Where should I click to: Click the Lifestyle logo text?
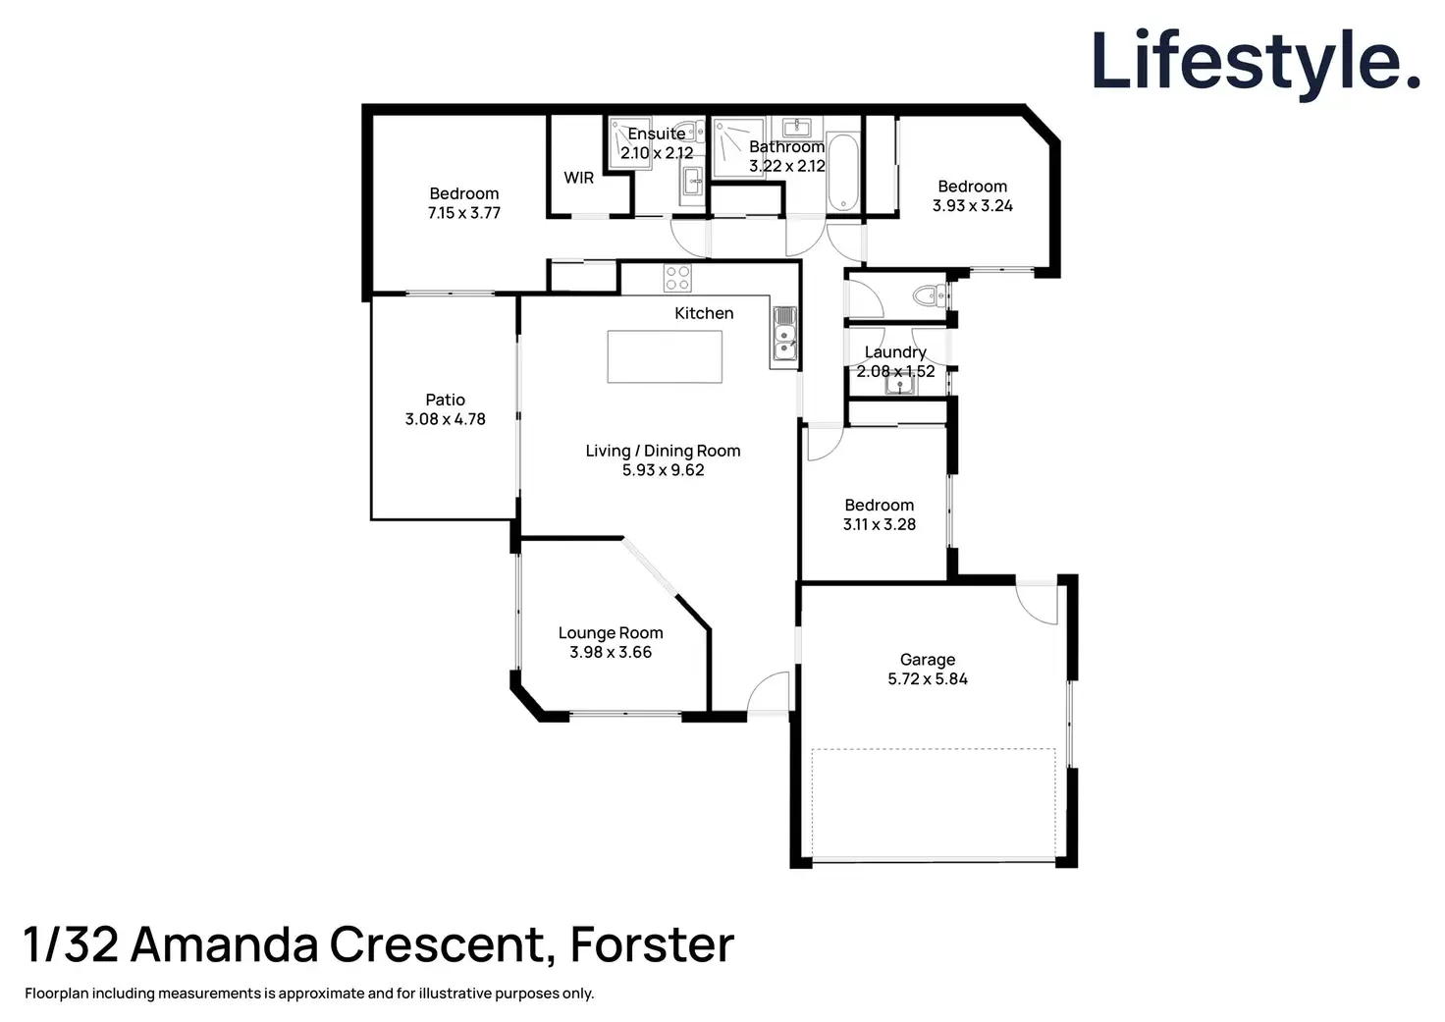tap(1256, 62)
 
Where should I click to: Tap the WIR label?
tap(578, 178)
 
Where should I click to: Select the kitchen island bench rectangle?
tap(665, 356)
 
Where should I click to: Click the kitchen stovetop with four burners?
tap(677, 278)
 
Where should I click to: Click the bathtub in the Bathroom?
tap(843, 172)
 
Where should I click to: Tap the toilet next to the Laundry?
tap(926, 295)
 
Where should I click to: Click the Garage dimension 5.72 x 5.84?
tap(928, 678)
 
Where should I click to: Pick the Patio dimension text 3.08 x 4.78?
tap(445, 419)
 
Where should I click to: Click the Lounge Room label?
tap(611, 633)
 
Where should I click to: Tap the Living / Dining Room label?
tap(663, 451)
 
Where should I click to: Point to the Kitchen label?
tap(704, 313)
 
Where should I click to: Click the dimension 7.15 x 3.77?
tap(463, 213)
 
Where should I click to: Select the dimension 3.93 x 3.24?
tap(972, 205)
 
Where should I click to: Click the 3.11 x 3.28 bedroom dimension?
tap(879, 524)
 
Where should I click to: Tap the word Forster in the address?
tap(652, 944)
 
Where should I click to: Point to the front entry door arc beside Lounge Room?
tap(768, 692)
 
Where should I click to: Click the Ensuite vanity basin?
tap(693, 182)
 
